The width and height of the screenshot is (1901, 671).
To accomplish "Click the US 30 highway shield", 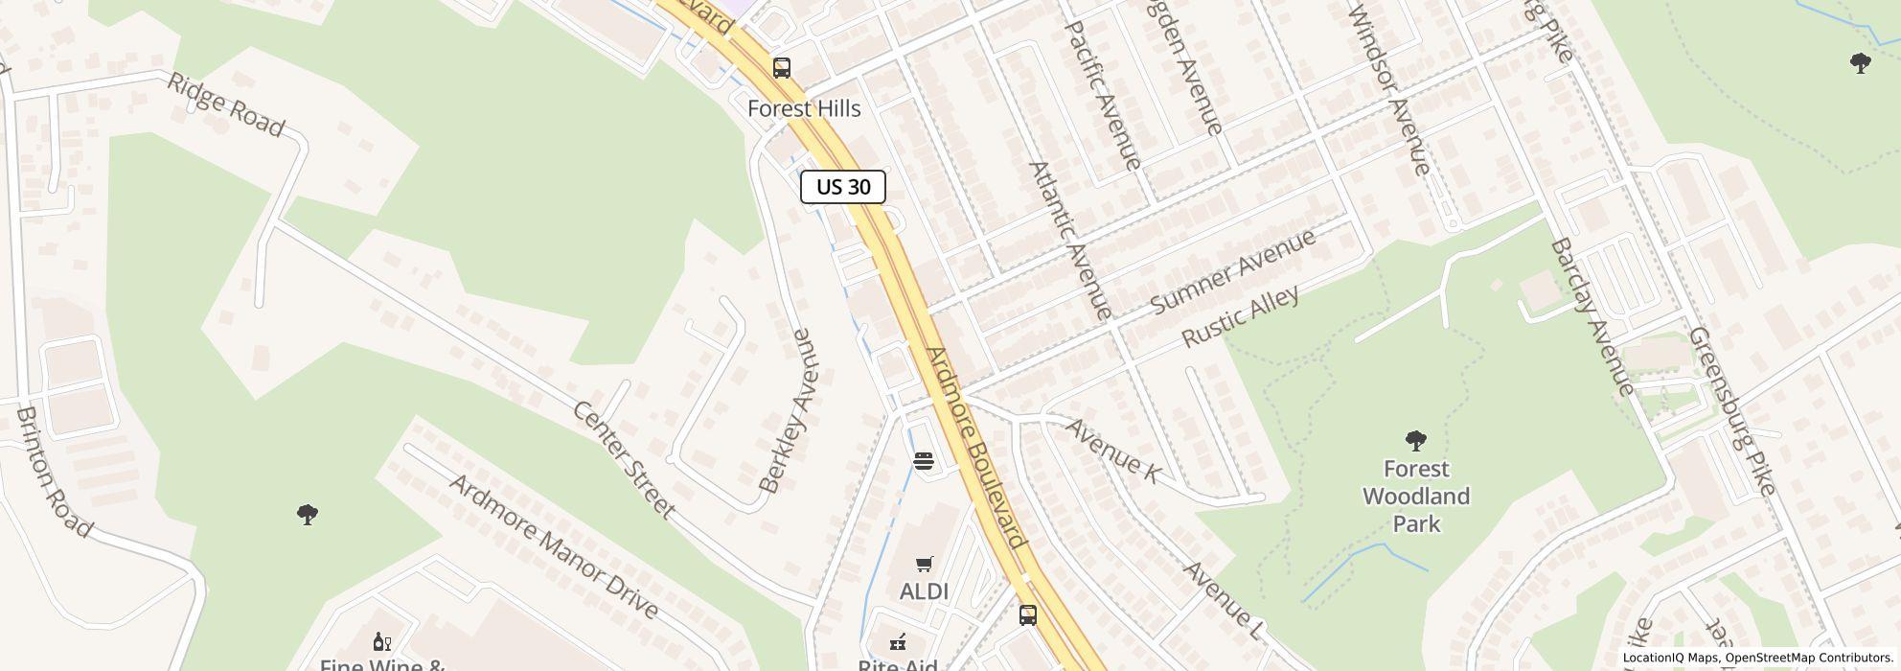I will point(843,187).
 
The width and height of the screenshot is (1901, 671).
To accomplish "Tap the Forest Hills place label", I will point(804,109).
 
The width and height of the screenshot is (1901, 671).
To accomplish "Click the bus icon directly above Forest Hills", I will point(782,68).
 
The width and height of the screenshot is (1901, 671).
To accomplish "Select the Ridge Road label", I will point(226,104).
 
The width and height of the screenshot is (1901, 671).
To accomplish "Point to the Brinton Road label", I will point(54,472).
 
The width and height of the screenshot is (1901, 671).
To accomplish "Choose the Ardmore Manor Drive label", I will point(554,545).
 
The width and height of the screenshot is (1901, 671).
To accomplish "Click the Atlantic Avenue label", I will point(1070,240).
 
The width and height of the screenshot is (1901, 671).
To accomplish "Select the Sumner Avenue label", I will point(1233,271).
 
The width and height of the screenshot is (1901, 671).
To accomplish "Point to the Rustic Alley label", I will point(1241,316).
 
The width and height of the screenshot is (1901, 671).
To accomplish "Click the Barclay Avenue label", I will point(1592,317).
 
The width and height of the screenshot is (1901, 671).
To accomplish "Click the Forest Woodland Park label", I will point(1416,497).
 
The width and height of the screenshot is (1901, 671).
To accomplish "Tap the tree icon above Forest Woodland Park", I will point(1416,441).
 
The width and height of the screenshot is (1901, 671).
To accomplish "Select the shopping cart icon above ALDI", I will point(925,564).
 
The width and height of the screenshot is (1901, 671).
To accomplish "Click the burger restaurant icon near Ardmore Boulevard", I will point(924,461).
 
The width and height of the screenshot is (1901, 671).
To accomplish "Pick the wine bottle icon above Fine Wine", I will point(381,641).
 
